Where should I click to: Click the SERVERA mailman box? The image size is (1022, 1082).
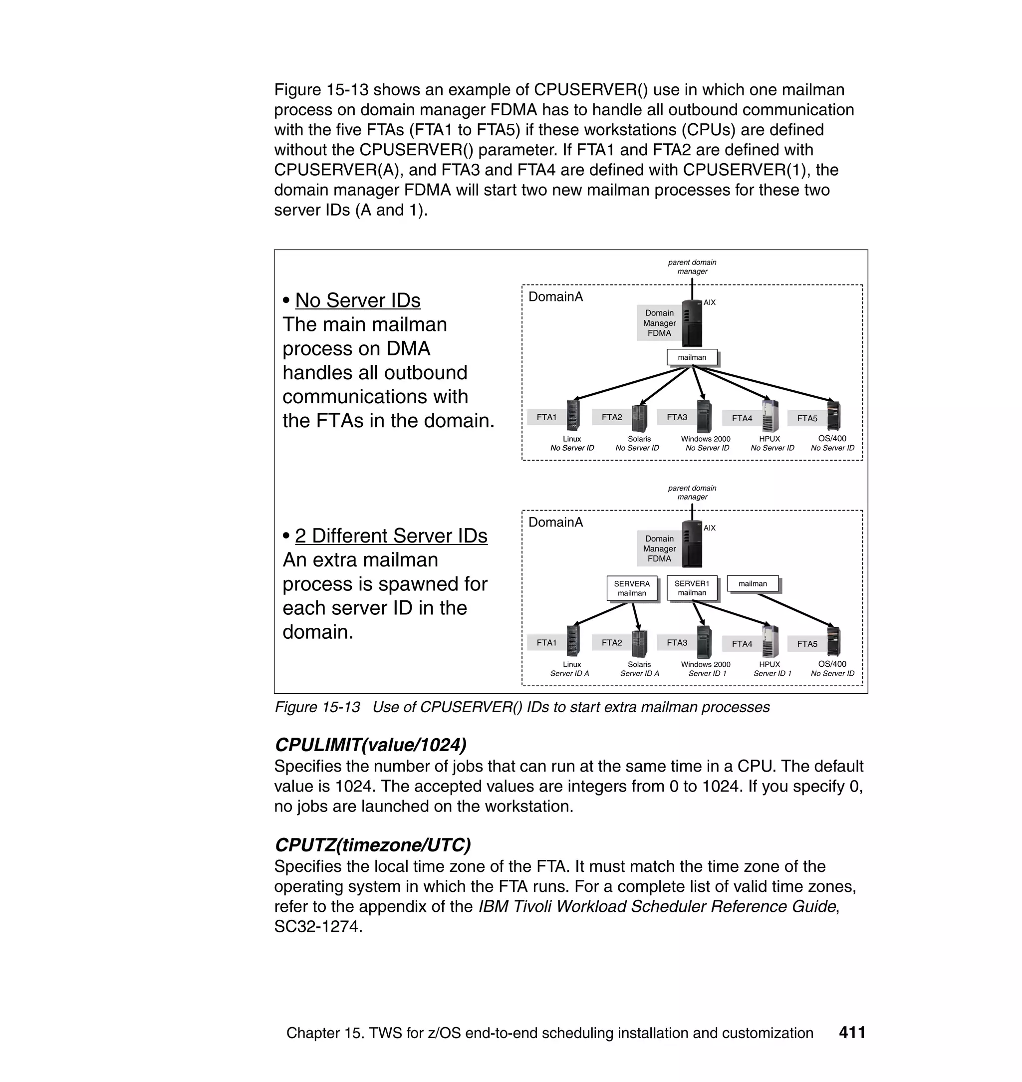631,588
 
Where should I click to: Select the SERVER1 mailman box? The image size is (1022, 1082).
691,588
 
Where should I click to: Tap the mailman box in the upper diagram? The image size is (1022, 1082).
691,357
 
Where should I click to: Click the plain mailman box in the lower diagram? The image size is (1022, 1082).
753,583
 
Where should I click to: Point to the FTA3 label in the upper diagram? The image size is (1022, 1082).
677,417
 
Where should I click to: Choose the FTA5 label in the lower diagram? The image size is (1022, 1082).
807,643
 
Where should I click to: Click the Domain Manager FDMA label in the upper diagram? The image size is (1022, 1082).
659,323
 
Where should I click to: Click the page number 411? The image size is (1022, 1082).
852,1033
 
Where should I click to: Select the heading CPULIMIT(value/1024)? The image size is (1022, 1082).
370,744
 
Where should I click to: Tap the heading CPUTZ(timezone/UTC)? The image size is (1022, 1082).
373,844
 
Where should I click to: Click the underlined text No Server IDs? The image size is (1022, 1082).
357,300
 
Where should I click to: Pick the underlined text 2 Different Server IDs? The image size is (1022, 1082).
391,536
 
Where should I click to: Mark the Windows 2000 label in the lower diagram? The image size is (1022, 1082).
706,664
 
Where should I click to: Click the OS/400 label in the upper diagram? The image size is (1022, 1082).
832,438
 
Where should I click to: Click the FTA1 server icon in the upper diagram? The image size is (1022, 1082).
572,416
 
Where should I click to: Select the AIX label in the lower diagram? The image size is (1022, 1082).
709,528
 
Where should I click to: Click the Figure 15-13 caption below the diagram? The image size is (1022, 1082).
521,707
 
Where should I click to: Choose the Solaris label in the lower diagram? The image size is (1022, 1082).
639,664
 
